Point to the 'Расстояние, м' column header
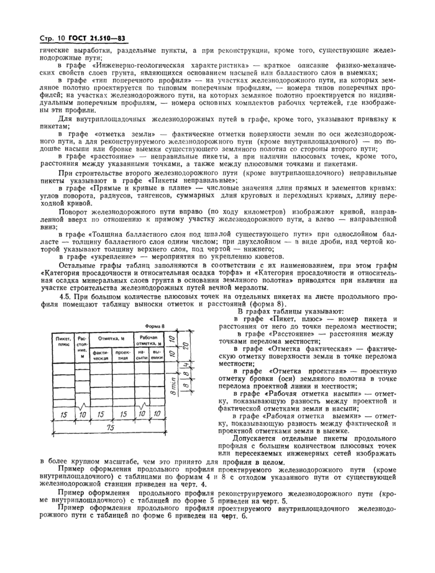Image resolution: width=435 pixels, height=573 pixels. click(82, 347)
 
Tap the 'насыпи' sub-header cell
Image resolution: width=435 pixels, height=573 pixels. click(142, 355)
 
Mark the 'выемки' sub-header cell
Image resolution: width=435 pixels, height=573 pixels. click(157, 355)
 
